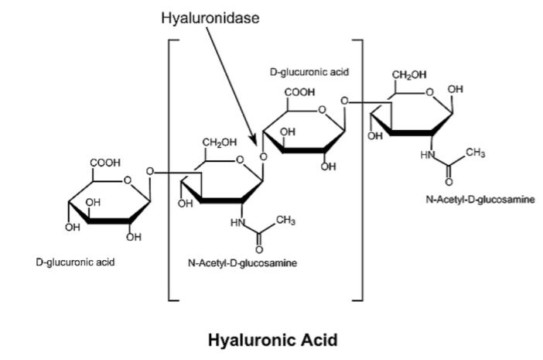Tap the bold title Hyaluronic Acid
click(x=271, y=339)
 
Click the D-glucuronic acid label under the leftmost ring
click(x=75, y=262)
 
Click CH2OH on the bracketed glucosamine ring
click(x=218, y=143)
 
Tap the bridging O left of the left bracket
click(x=149, y=171)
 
